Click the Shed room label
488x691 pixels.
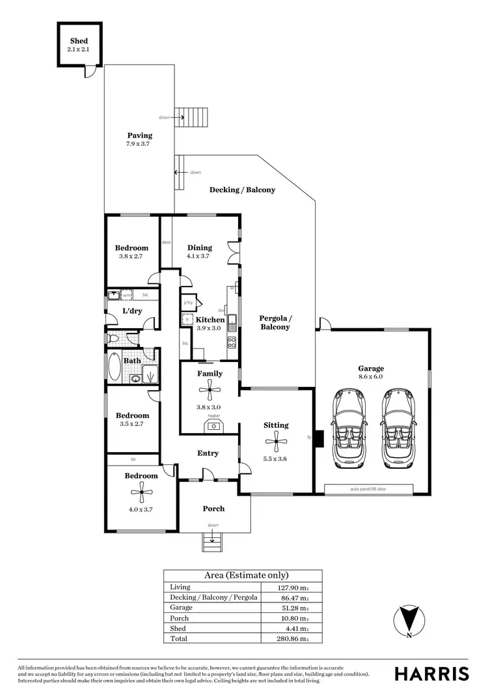pyautogui.click(x=79, y=41)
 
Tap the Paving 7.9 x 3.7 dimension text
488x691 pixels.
pyautogui.click(x=140, y=144)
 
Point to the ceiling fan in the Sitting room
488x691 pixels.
pyautogui.click(x=276, y=442)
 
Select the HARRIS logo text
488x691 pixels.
pyautogui.click(x=432, y=673)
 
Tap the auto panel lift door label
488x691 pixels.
pyautogui.click(x=368, y=488)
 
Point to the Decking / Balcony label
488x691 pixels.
pyautogui.click(x=242, y=190)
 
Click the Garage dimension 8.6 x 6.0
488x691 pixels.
pyautogui.click(x=371, y=376)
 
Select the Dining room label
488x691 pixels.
pyautogui.click(x=200, y=247)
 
